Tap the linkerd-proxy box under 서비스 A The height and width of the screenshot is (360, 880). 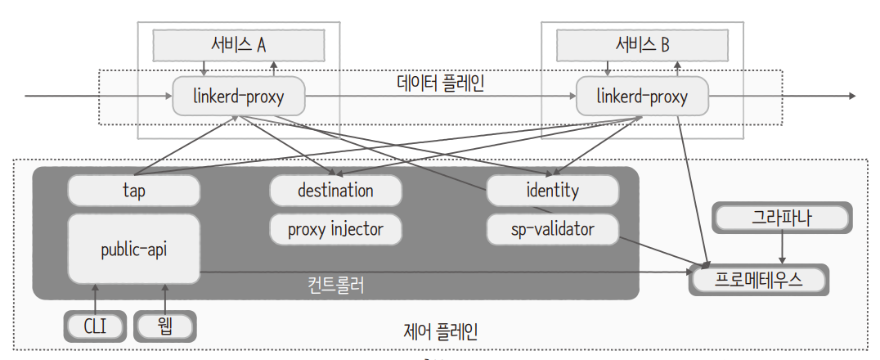click(x=238, y=97)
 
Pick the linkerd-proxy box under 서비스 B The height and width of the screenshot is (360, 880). click(x=642, y=97)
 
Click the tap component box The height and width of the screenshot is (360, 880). click(x=133, y=191)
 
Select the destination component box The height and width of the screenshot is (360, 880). click(x=335, y=191)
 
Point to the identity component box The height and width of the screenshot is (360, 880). click(x=552, y=191)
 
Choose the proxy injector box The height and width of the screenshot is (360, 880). click(x=335, y=230)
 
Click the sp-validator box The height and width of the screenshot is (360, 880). click(x=552, y=230)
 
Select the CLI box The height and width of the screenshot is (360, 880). click(x=96, y=326)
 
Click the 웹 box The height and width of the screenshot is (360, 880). click(x=164, y=326)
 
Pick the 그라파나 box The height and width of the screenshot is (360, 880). click(x=783, y=218)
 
